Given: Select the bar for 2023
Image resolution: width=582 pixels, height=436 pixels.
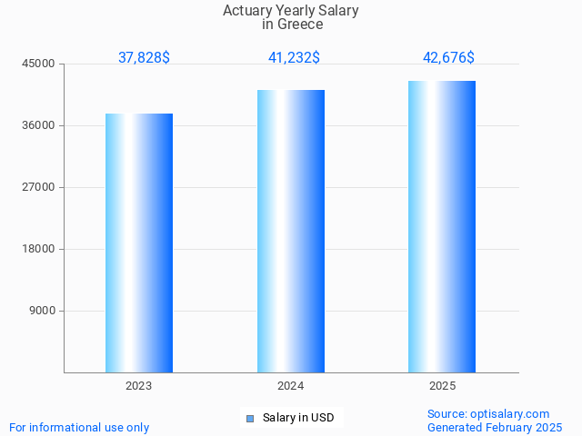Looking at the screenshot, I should pos(139,243).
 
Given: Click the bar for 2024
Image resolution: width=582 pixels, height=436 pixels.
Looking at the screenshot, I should pos(291,231).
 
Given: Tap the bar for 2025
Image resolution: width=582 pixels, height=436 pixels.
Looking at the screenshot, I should pos(442,226).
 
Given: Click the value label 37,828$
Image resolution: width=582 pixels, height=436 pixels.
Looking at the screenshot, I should pos(144,57).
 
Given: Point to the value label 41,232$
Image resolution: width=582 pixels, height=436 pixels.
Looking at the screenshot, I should pos(294,57).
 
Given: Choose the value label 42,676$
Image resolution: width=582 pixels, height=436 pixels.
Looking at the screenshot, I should pos(448,57).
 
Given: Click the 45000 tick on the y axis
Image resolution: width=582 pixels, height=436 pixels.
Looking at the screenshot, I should pos(40,64).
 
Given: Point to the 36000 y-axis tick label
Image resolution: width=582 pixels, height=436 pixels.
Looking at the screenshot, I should pos(40,125).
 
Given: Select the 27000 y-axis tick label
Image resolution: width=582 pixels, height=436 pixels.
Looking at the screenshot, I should pos(40,187).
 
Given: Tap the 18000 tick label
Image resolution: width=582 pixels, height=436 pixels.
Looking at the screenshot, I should pos(40,249).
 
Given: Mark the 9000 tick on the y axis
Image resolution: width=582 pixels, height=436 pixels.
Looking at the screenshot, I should pos(43,311).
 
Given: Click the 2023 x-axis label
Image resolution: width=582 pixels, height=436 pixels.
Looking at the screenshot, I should pos(139,386).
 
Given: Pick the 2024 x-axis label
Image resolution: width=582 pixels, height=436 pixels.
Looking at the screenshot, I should pos(291,386).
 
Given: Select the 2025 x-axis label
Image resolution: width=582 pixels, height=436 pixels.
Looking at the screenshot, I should pos(442,386).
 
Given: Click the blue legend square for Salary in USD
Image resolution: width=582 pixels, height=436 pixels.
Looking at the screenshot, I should pos(250,418).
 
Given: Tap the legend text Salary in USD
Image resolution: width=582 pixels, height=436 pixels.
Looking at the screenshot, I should pos(298,418).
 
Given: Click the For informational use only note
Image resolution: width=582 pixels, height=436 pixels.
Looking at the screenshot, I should pos(79,427).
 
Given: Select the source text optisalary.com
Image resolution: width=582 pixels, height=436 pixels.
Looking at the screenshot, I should pos(510,413).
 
